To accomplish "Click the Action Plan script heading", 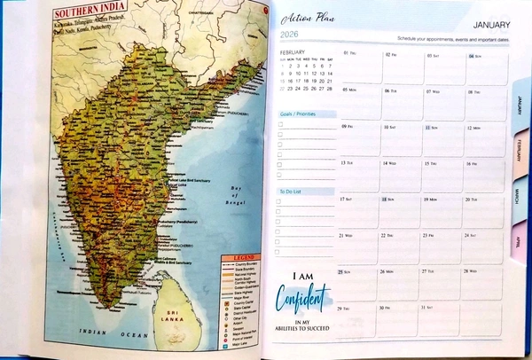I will click(x=308, y=18).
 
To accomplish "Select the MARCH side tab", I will click(x=520, y=195).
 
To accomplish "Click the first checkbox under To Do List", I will click(x=281, y=202).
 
